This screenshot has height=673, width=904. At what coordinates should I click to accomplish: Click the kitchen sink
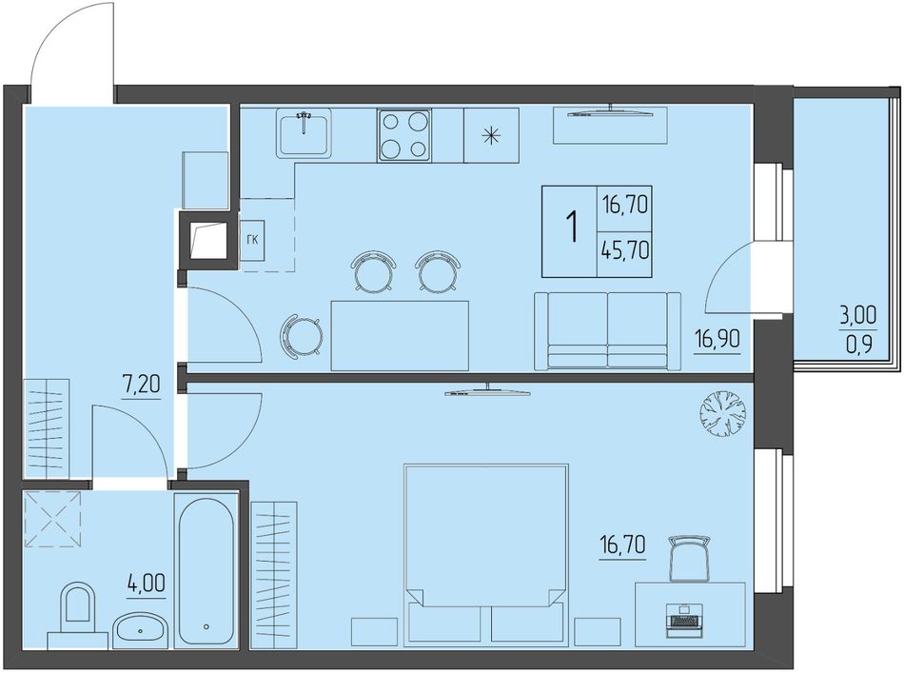pos(304,132)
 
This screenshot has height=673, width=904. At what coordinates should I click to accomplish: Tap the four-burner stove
pos(404,135)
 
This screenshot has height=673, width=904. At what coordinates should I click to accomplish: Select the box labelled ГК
pos(252,240)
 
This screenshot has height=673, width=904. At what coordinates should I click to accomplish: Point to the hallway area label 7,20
pos(141,385)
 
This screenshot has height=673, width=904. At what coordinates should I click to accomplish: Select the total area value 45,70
pos(625,251)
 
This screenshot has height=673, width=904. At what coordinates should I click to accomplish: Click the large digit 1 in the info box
pos(573,228)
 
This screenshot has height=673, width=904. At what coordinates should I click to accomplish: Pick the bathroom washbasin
pos(141,631)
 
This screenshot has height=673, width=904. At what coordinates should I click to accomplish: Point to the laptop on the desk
pos(685,620)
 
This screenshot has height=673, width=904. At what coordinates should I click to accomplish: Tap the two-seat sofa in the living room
pos(608,330)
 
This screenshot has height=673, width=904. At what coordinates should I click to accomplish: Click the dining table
pos(400,336)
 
